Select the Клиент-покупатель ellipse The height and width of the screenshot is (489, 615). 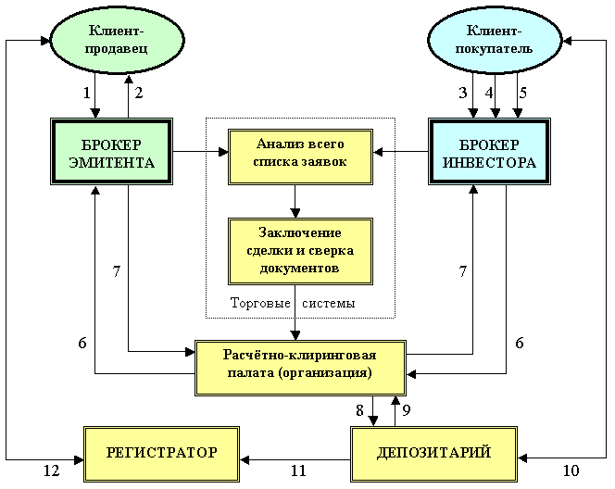click(494, 42)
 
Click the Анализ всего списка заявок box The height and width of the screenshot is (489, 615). click(300, 152)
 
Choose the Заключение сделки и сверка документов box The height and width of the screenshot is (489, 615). click(300, 251)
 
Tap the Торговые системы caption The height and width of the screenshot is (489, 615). click(292, 303)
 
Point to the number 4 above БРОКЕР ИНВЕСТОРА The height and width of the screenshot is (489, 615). click(489, 93)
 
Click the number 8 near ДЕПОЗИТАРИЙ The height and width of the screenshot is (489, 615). click(359, 408)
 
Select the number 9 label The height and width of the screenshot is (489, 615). click(406, 408)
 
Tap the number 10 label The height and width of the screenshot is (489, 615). click(571, 470)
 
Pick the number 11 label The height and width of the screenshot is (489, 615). click(297, 470)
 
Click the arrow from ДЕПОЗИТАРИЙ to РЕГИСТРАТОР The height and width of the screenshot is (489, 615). click(296, 453)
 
